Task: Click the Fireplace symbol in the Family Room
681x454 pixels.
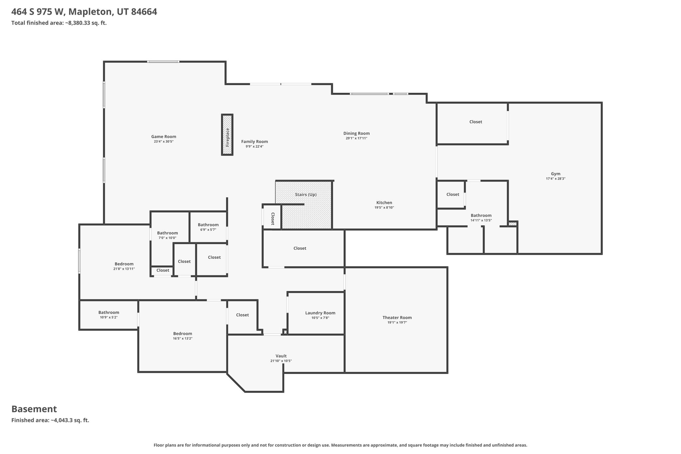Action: click(227, 135)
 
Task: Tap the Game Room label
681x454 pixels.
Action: click(164, 137)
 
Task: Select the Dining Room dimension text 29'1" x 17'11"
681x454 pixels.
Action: click(356, 138)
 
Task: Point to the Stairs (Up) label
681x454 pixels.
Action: click(306, 195)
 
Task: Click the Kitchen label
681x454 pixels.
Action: click(384, 203)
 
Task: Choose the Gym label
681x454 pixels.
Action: click(556, 174)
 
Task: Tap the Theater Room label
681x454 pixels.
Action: click(397, 318)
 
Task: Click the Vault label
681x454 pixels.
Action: click(281, 356)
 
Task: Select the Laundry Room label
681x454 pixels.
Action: click(320, 313)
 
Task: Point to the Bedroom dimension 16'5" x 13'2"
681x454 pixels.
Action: click(183, 339)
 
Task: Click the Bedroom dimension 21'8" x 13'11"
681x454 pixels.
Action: click(124, 269)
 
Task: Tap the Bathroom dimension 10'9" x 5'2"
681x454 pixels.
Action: click(109, 317)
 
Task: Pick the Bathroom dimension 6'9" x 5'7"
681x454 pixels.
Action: click(208, 229)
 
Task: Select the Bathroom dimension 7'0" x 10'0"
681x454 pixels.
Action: click(167, 238)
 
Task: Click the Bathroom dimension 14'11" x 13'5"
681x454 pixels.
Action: click(481, 220)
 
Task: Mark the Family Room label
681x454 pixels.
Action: click(254, 142)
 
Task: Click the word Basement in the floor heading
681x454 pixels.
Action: click(34, 409)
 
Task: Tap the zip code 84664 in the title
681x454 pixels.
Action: click(144, 12)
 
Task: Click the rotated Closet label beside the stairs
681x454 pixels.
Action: click(273, 219)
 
